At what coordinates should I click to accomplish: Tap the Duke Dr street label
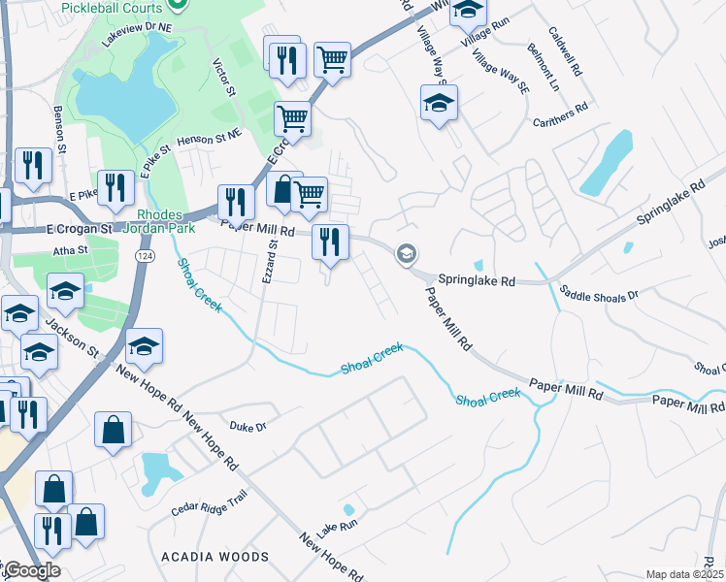247,426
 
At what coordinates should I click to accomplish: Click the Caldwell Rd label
564,51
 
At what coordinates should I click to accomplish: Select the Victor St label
225,77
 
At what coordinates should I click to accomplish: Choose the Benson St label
59,129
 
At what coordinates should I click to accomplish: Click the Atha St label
69,249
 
